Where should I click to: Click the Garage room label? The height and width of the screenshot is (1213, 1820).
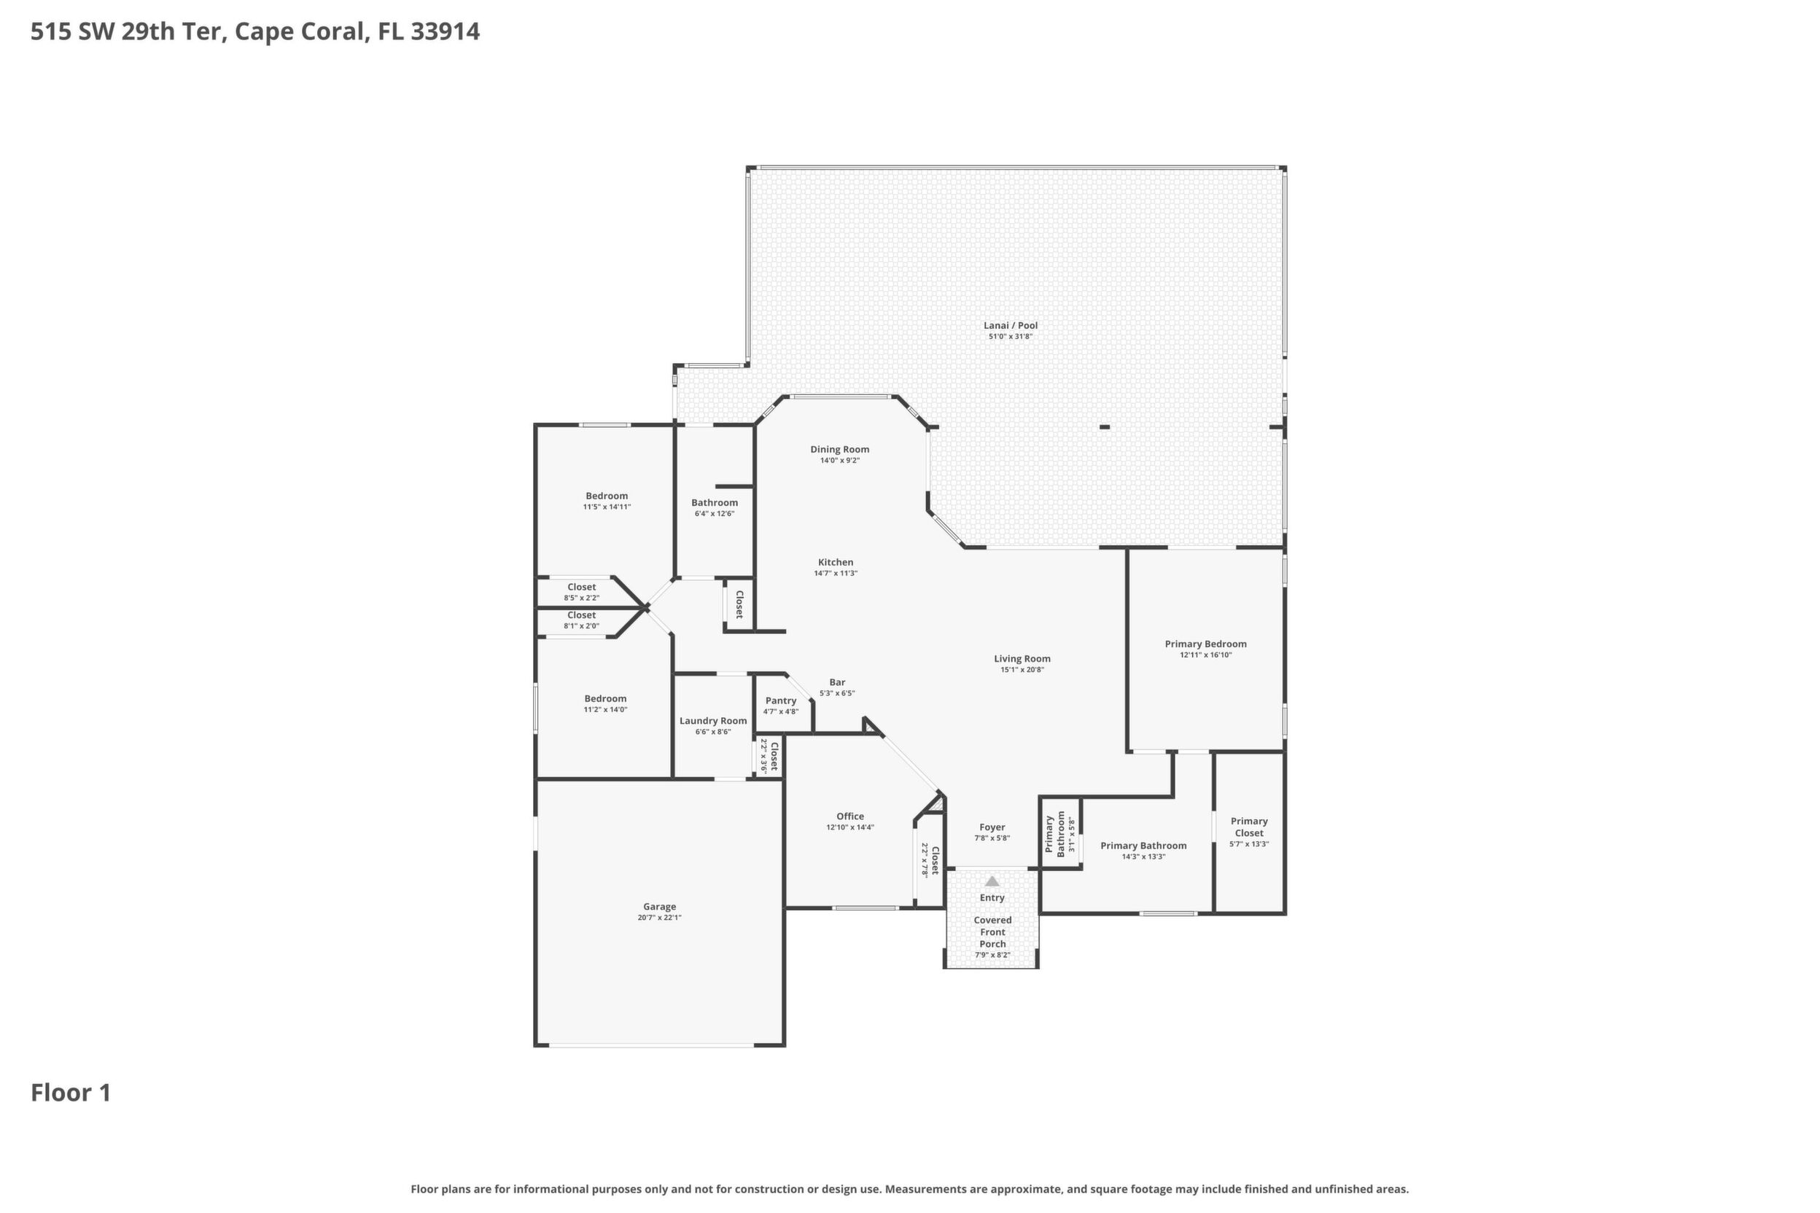659,907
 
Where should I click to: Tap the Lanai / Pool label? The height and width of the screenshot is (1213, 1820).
1011,326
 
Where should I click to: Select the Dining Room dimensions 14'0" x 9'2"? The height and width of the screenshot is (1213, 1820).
839,461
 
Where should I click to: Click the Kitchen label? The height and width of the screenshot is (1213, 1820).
836,563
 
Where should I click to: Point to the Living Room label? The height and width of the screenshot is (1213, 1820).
1022,659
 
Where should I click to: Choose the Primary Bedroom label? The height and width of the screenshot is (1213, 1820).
1205,644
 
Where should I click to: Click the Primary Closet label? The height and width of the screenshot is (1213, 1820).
1249,827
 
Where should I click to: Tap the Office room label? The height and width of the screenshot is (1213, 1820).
849,816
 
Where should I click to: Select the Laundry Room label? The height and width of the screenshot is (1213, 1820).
712,721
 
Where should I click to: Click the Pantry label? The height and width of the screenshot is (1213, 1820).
781,701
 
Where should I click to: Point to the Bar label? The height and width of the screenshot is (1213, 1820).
837,682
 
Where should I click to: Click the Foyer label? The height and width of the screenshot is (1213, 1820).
992,827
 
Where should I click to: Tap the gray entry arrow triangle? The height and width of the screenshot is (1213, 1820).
992,881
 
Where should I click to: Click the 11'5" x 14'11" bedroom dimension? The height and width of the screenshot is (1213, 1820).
607,507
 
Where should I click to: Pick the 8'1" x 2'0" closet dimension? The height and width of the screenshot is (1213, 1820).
581,627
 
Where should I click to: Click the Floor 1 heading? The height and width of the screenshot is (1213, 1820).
71,1093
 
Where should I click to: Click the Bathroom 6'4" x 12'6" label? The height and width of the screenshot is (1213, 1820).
715,507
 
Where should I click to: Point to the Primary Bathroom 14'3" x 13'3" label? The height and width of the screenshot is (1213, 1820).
1143,851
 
